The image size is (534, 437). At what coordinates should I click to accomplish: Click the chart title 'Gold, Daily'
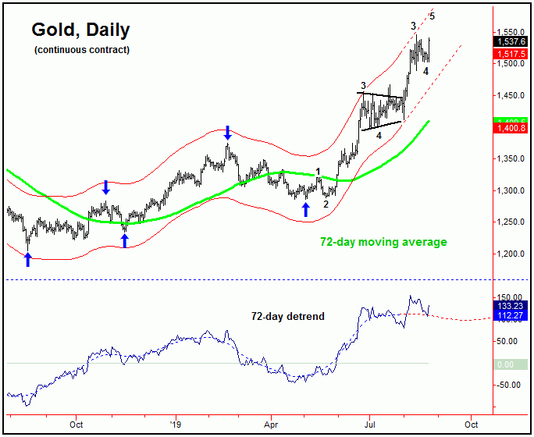click(80, 30)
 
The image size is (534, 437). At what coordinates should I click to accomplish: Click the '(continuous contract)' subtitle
click(81, 50)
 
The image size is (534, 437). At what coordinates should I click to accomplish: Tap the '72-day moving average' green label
click(383, 242)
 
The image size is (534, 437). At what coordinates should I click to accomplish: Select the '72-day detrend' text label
click(287, 317)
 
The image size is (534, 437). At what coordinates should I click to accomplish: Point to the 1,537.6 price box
click(511, 41)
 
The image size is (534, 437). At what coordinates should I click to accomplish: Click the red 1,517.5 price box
click(511, 53)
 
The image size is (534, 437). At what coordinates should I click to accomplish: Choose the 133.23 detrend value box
click(511, 307)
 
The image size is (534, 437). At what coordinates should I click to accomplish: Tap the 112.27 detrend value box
click(511, 316)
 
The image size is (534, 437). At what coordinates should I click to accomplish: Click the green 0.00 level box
click(513, 364)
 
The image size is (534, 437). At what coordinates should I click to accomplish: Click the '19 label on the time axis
click(176, 426)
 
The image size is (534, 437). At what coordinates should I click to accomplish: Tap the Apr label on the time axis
click(271, 426)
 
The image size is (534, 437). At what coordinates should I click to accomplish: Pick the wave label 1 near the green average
click(318, 171)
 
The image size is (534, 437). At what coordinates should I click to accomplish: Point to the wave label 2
click(326, 204)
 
